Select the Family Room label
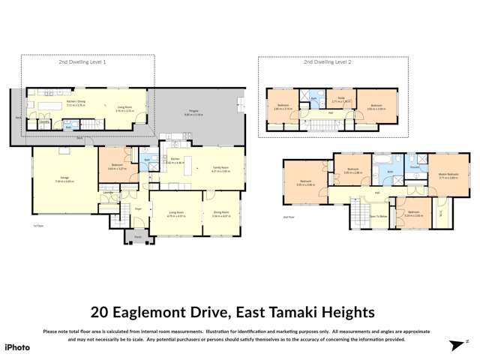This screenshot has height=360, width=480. coord(220,169)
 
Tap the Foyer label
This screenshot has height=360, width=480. coord(137,211)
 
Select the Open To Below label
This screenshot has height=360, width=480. coord(379,216)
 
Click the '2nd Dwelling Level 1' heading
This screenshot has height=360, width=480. coord(87,62)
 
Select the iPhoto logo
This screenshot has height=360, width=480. coord(18,346)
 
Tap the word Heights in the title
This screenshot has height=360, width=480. coord(353,310)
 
